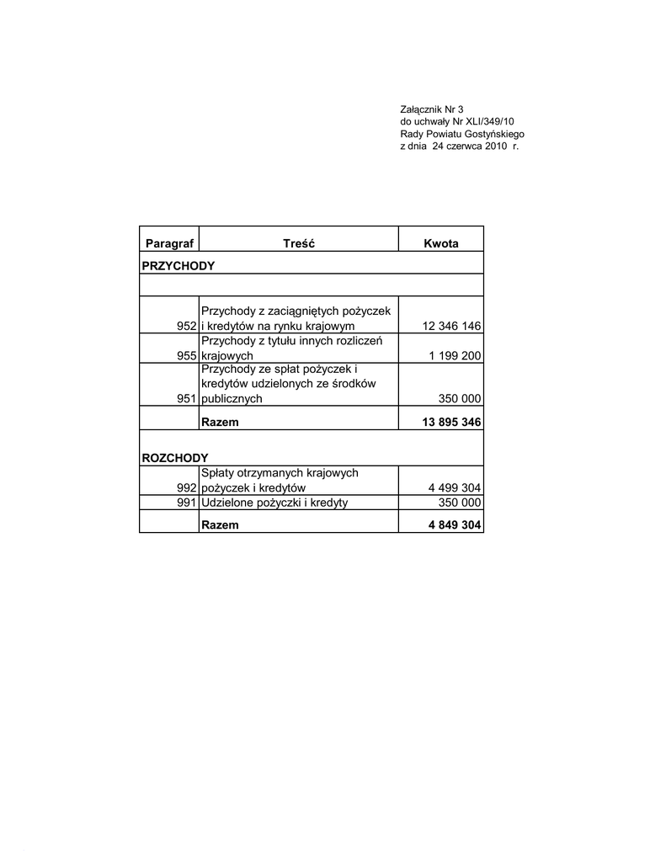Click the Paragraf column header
pyautogui.click(x=169, y=243)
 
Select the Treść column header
pyautogui.click(x=298, y=243)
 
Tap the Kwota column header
pyautogui.click(x=441, y=243)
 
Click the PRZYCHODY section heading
pyautogui.click(x=178, y=265)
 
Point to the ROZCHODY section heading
pyautogui.click(x=175, y=457)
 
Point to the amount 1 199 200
pyautogui.click(x=455, y=356)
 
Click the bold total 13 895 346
pyautogui.click(x=450, y=422)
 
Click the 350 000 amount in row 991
pyautogui.click(x=460, y=503)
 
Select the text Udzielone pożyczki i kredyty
pyautogui.click(x=274, y=503)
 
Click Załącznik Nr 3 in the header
pyautogui.click(x=431, y=109)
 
